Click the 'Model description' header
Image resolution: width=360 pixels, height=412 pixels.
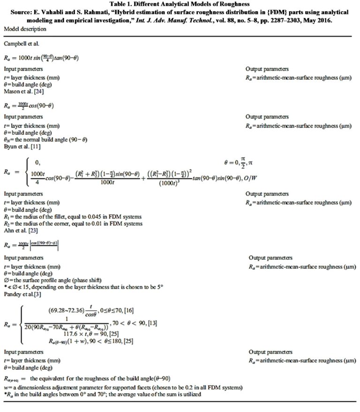click(x=25, y=29)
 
